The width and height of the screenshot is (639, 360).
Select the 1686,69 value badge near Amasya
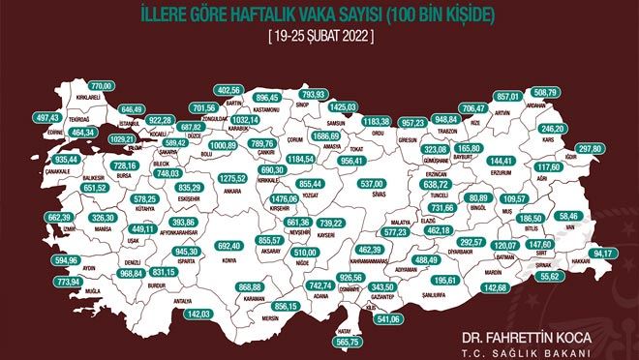pyautogui.click(x=328, y=137)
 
